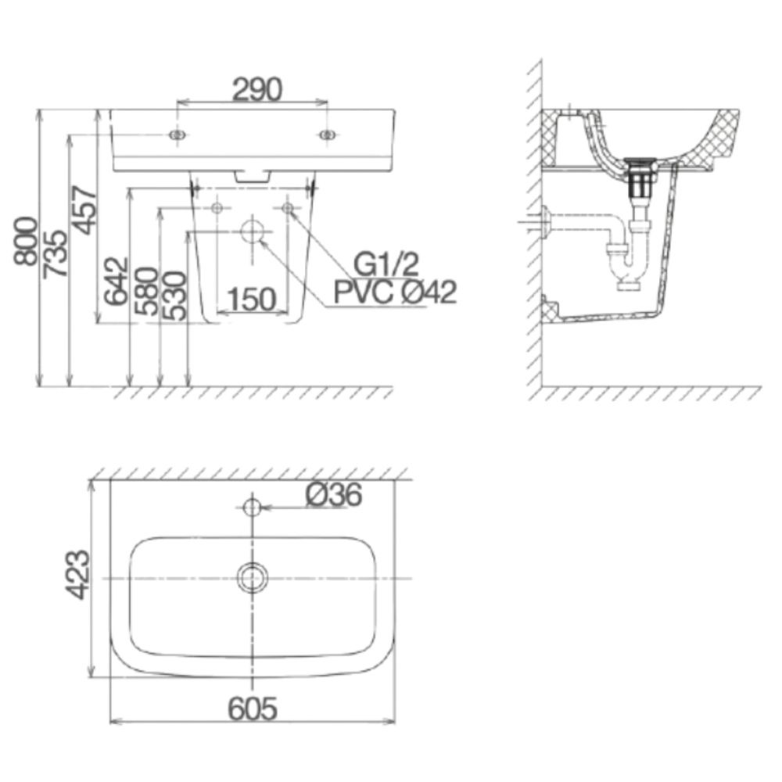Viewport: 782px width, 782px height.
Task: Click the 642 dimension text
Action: click(115, 281)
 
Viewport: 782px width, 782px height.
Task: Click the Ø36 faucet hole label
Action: click(334, 495)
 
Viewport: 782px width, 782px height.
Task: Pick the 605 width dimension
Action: click(253, 708)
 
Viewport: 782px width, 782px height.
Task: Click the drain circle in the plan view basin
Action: click(252, 578)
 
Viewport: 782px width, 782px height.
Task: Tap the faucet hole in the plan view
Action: click(252, 507)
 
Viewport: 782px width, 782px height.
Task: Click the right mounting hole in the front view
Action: click(327, 135)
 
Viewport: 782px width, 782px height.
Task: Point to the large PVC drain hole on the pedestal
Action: click(252, 231)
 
